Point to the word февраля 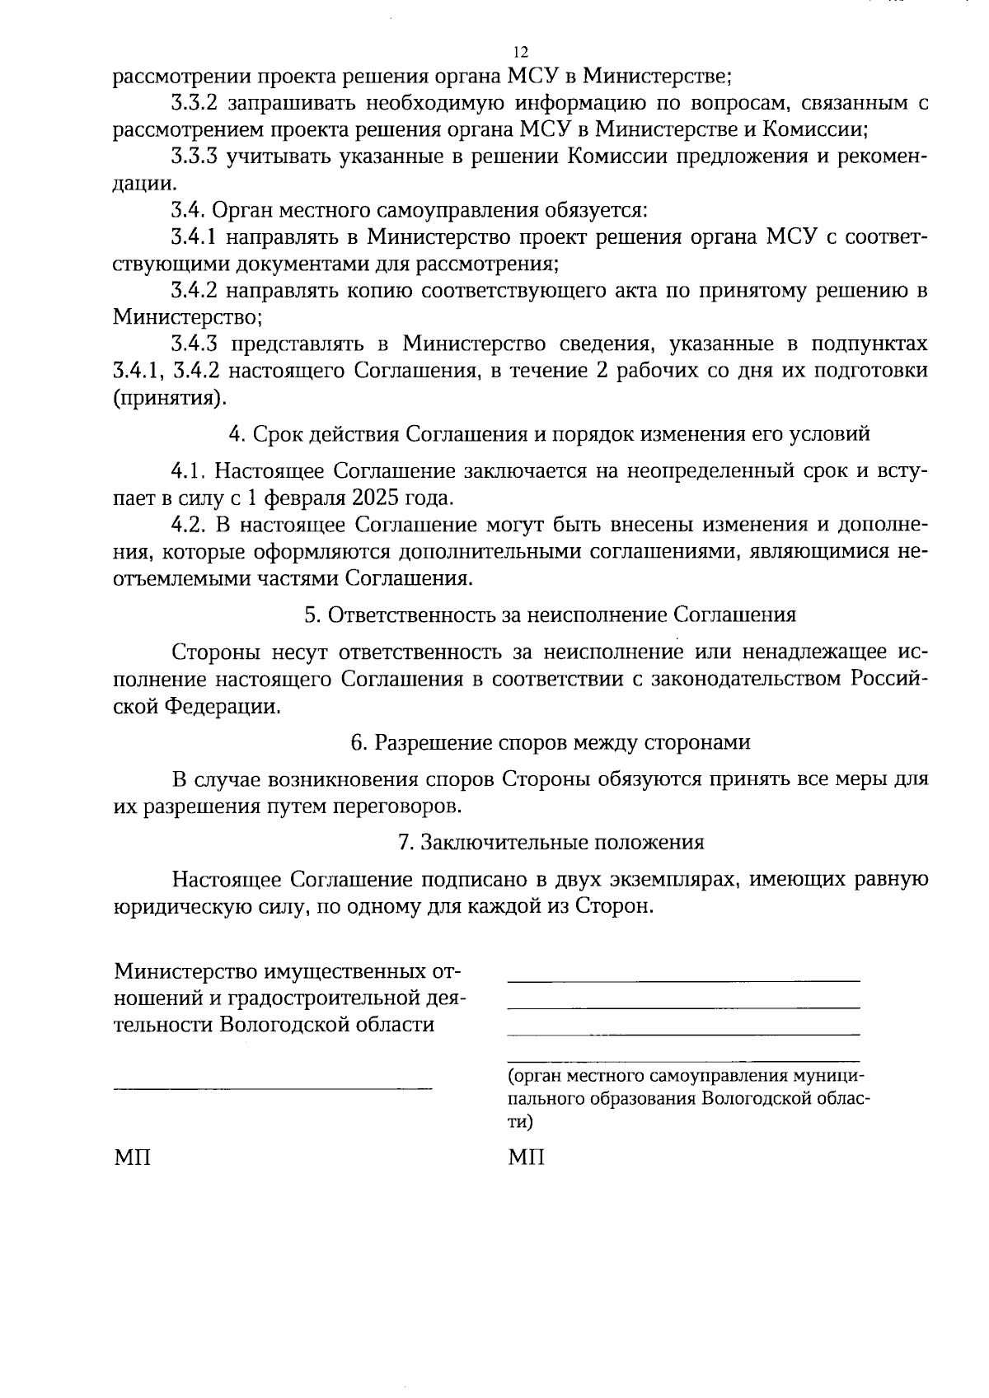[x=307, y=498]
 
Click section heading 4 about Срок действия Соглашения [x=549, y=433]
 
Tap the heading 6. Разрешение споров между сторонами [x=550, y=742]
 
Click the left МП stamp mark [x=132, y=1157]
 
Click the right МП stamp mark [x=526, y=1157]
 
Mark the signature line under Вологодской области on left [x=272, y=1089]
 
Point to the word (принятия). [x=170, y=398]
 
